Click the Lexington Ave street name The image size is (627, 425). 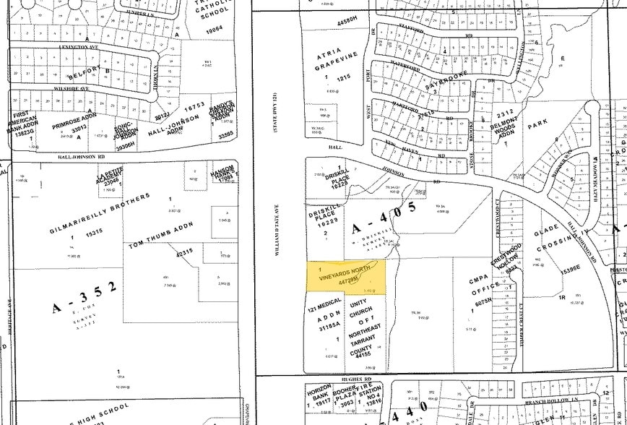(79, 45)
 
